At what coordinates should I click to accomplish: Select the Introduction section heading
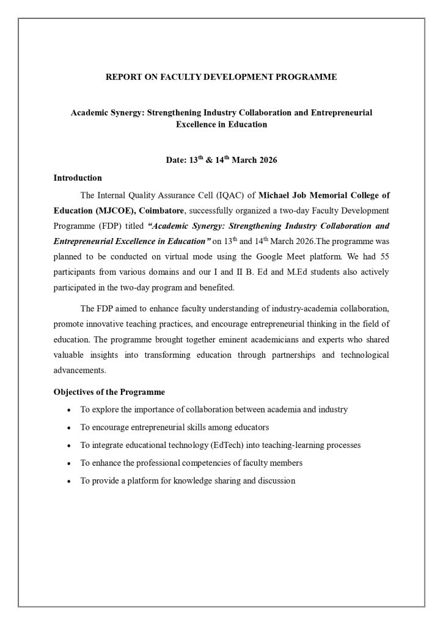(78, 178)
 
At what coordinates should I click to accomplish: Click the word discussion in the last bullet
(275, 481)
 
